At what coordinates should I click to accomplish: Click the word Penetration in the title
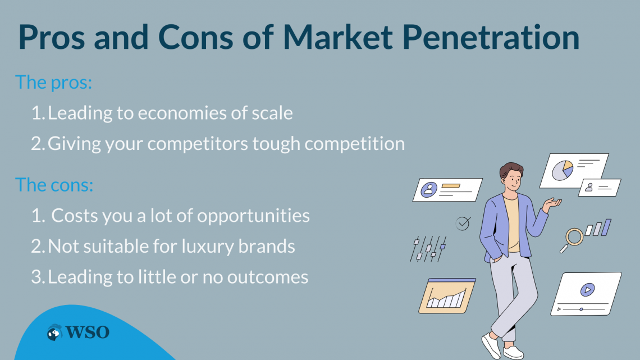[491, 37]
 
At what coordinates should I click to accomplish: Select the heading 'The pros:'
[53, 83]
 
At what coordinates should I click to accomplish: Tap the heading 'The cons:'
[54, 185]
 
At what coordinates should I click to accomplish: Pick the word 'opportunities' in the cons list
[253, 216]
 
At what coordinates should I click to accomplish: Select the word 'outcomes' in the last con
[268, 277]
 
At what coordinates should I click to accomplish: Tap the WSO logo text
[88, 332]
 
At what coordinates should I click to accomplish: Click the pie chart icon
[563, 170]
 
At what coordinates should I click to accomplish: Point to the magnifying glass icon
[572, 239]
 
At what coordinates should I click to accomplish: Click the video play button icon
[587, 290]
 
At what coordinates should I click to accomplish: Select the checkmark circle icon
[463, 224]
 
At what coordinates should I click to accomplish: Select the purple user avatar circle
[429, 190]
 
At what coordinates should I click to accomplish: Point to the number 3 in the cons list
[36, 277]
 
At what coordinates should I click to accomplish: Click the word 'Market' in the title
[337, 37]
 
